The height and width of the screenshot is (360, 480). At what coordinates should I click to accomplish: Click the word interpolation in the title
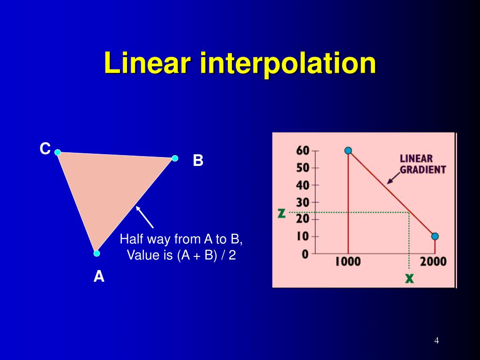click(288, 64)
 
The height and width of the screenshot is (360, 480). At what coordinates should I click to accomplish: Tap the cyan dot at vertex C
click(58, 152)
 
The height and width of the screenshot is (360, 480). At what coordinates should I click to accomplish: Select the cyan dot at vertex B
click(175, 158)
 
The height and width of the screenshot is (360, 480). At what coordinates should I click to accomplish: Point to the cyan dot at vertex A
click(97, 254)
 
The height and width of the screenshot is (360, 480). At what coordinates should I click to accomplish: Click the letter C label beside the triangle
click(45, 149)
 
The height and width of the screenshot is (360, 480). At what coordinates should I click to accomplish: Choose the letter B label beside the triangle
click(198, 161)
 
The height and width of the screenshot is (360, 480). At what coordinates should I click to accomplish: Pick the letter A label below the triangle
click(99, 277)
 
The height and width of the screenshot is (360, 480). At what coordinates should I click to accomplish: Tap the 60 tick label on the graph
click(303, 151)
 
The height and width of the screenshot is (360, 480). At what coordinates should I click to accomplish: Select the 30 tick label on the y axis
click(303, 202)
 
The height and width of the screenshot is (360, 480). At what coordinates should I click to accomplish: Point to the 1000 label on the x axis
click(348, 262)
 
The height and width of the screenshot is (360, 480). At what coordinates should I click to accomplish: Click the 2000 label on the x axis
click(433, 262)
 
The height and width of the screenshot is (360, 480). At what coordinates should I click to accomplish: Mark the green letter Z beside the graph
click(281, 213)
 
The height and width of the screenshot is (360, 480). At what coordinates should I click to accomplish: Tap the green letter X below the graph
click(410, 278)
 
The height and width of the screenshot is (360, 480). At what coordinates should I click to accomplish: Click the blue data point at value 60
click(348, 150)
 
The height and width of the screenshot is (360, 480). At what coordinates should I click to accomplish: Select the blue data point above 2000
click(435, 236)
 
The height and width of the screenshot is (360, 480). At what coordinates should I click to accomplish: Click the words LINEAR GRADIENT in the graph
click(422, 164)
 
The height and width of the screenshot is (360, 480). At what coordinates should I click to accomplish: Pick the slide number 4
click(436, 341)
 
